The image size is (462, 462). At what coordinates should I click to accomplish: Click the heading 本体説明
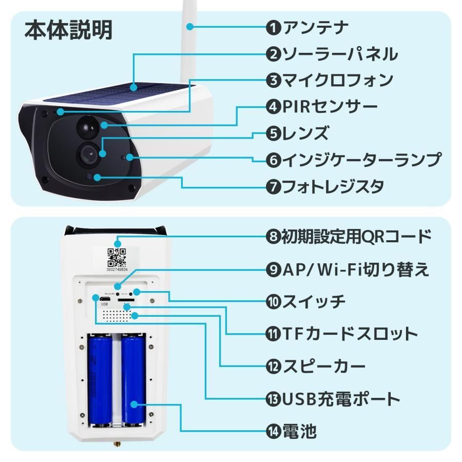coord(68,30)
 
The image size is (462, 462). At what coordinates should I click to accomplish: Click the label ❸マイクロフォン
coord(330,80)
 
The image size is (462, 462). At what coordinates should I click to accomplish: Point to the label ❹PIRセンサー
coord(322,107)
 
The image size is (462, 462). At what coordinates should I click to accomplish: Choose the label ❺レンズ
coord(297,133)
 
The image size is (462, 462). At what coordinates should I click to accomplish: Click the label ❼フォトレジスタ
coord(325,186)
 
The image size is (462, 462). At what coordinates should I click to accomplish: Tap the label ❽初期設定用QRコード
coord(348,237)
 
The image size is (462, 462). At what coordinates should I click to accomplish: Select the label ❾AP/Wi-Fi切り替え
coord(347,269)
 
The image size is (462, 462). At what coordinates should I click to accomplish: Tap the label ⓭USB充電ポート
coord(333,398)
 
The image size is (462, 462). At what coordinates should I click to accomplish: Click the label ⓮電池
coord(291,431)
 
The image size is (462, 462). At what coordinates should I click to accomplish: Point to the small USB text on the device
coord(105,304)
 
